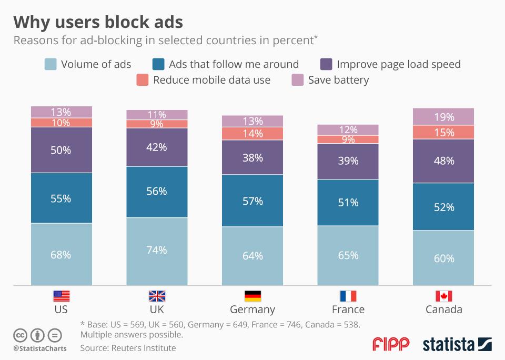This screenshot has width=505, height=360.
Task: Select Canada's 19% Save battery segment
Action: (443, 116)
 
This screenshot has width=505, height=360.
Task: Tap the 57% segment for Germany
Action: (252, 201)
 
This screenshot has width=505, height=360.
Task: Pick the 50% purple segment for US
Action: (62, 150)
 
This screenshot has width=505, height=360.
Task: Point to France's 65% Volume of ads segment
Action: (348, 255)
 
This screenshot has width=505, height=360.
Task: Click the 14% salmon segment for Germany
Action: (252, 133)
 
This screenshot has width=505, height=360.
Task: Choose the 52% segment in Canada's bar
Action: (443, 207)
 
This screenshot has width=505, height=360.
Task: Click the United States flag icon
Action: (62, 296)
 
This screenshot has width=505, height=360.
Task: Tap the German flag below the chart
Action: (252, 296)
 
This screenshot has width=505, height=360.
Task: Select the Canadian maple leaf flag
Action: (443, 296)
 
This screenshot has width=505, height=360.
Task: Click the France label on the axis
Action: (348, 309)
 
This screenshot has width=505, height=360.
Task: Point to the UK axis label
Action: (157, 309)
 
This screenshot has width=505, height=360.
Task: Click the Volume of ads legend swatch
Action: (50, 64)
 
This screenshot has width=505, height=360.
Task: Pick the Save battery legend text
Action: (338, 80)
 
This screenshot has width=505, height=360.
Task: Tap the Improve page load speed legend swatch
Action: (326, 64)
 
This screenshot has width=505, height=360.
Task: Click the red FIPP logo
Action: (390, 344)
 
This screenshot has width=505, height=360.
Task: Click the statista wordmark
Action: (448, 345)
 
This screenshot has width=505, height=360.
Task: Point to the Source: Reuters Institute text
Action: (128, 348)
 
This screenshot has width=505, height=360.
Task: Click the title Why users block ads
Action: (98, 22)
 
